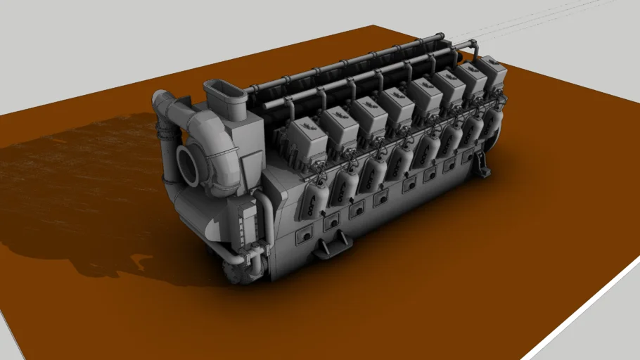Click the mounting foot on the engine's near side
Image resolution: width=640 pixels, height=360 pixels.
[x=333, y=247]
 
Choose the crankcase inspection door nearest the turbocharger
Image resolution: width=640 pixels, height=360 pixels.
[x=304, y=236]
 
